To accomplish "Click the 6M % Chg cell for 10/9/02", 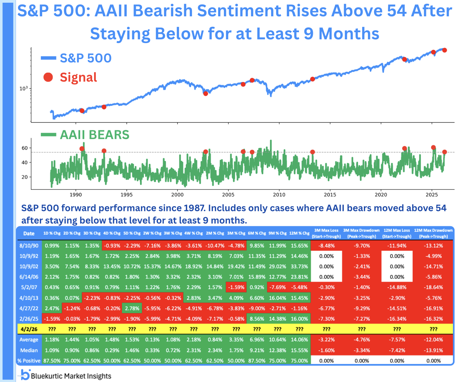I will click(x=257, y=267).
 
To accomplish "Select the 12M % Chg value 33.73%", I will click(x=299, y=267).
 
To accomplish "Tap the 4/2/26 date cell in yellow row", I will click(x=29, y=329).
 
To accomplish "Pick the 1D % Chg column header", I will click(x=52, y=233).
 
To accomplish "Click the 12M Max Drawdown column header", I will click(x=433, y=233).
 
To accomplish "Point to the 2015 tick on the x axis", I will click(x=330, y=194).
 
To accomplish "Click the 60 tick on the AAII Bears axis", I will click(x=24, y=148).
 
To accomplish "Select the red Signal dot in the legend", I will click(x=48, y=77).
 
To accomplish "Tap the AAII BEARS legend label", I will click(x=94, y=135).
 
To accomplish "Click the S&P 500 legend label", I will click(x=86, y=58).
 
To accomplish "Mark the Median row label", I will click(x=29, y=350).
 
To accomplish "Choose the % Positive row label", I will click(x=29, y=361).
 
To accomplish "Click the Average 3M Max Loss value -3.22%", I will click(x=326, y=340).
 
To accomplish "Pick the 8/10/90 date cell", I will click(x=29, y=246).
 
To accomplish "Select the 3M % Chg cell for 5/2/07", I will click(x=236, y=287).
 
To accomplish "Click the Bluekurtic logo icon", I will click(x=25, y=375).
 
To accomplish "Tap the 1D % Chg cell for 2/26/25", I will click(x=52, y=319).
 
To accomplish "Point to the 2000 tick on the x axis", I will click(x=177, y=194).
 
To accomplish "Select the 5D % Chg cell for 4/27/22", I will click(x=132, y=308).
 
